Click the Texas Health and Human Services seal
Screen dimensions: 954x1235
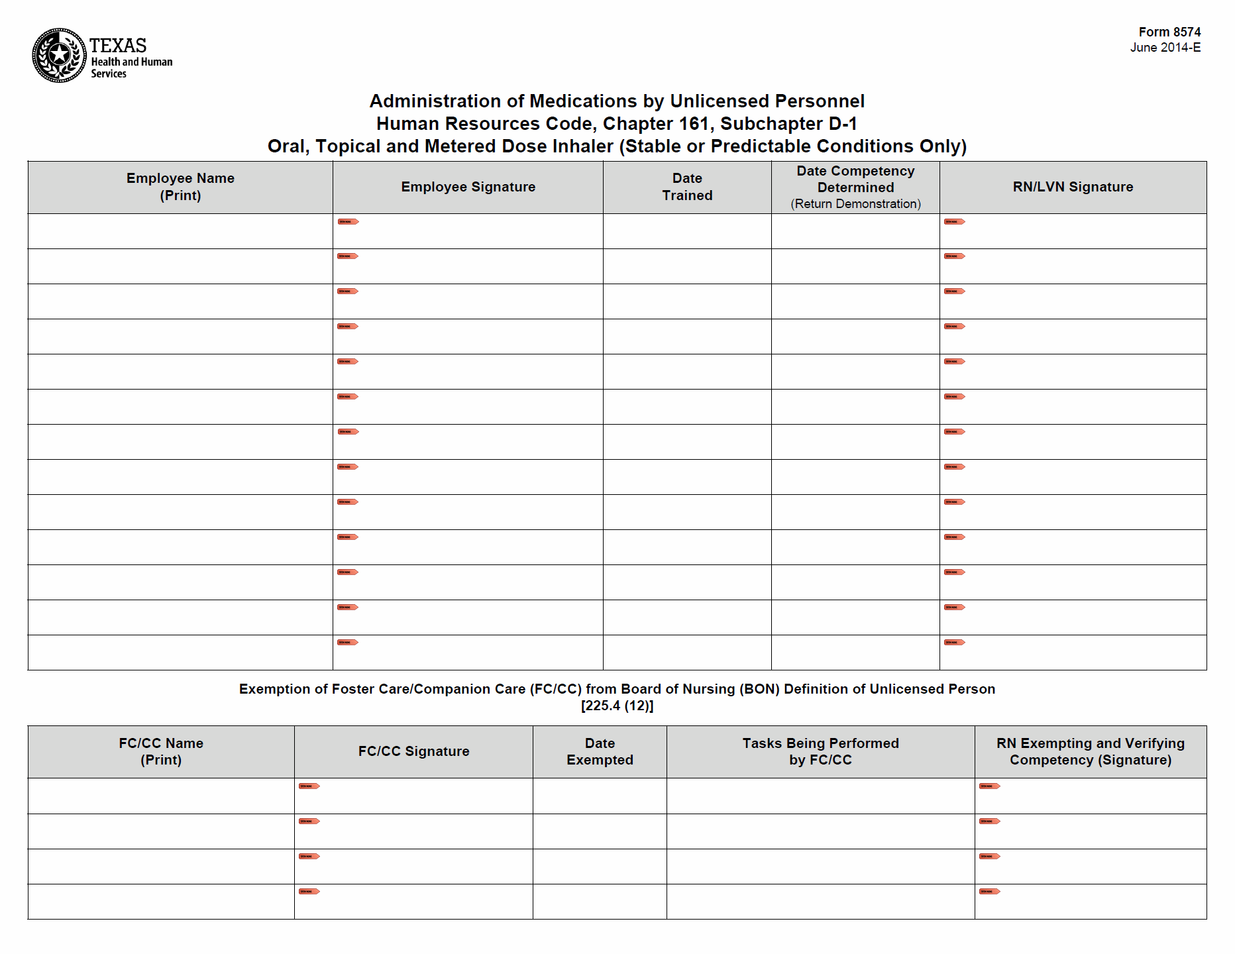point(59,56)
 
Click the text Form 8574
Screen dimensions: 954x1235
point(1169,32)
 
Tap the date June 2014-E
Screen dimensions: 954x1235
point(1165,48)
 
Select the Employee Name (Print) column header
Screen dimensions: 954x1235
point(180,187)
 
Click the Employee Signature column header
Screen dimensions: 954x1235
point(468,187)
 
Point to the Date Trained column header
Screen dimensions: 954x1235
point(687,187)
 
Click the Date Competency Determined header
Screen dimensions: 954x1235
point(855,180)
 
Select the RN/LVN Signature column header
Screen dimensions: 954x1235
point(1073,187)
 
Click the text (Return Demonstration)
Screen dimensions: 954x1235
point(855,204)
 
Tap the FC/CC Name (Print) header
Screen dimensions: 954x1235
point(161,751)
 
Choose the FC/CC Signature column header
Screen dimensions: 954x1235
point(413,751)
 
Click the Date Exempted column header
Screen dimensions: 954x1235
point(600,751)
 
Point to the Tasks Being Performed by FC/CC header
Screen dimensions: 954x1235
point(820,751)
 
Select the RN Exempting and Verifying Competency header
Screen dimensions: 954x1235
point(1091,751)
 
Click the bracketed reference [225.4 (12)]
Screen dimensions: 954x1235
point(617,706)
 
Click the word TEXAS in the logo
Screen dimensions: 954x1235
point(118,45)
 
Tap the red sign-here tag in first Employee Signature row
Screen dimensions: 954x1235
point(348,221)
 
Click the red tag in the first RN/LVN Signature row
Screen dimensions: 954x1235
point(955,221)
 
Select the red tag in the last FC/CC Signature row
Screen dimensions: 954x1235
point(309,891)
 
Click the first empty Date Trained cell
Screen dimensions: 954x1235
point(687,231)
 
